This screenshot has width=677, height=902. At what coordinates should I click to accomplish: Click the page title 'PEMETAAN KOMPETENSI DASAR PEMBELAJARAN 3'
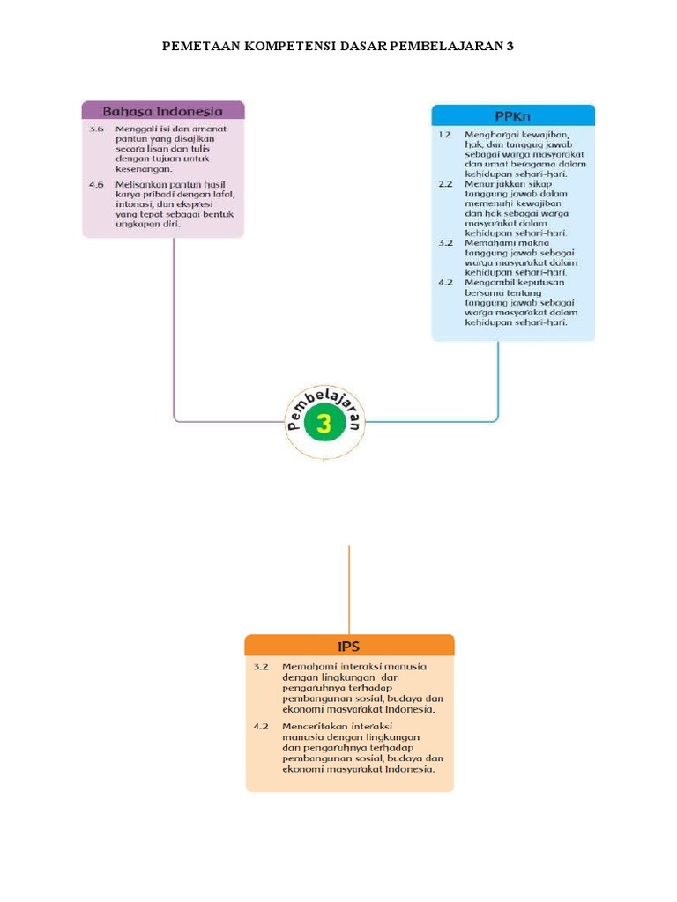coord(338,45)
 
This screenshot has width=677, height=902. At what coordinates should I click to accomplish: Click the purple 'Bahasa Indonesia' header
coord(163,111)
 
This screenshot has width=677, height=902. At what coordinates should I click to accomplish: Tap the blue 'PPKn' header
coord(513,115)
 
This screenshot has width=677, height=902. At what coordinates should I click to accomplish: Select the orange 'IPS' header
coord(350,646)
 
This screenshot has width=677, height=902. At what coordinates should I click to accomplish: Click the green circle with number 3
coord(324,425)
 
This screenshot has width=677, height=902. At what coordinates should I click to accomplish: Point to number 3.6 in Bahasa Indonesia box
coord(96,129)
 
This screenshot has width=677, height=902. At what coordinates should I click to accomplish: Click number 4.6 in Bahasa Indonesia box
coord(96,183)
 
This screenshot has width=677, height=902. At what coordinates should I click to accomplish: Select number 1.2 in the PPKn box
coord(445,135)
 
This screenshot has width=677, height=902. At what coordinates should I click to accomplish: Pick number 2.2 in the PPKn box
coord(445,184)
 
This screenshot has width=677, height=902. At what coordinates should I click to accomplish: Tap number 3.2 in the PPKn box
coord(445,242)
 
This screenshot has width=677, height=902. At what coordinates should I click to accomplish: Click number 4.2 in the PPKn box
coord(445,282)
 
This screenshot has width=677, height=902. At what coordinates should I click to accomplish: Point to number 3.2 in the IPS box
coord(260,667)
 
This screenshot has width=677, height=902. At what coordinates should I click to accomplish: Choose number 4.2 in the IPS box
coord(260,725)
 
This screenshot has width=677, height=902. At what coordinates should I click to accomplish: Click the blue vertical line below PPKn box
coord(499,379)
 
